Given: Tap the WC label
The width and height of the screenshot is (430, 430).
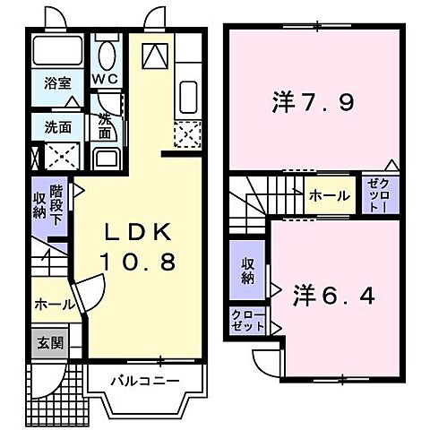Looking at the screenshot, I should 107,79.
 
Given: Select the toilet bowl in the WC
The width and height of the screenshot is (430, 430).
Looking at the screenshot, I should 107,55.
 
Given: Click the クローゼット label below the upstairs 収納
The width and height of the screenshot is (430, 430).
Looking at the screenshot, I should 247,321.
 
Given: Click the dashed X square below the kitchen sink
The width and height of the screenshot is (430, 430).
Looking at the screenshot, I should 187,134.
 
